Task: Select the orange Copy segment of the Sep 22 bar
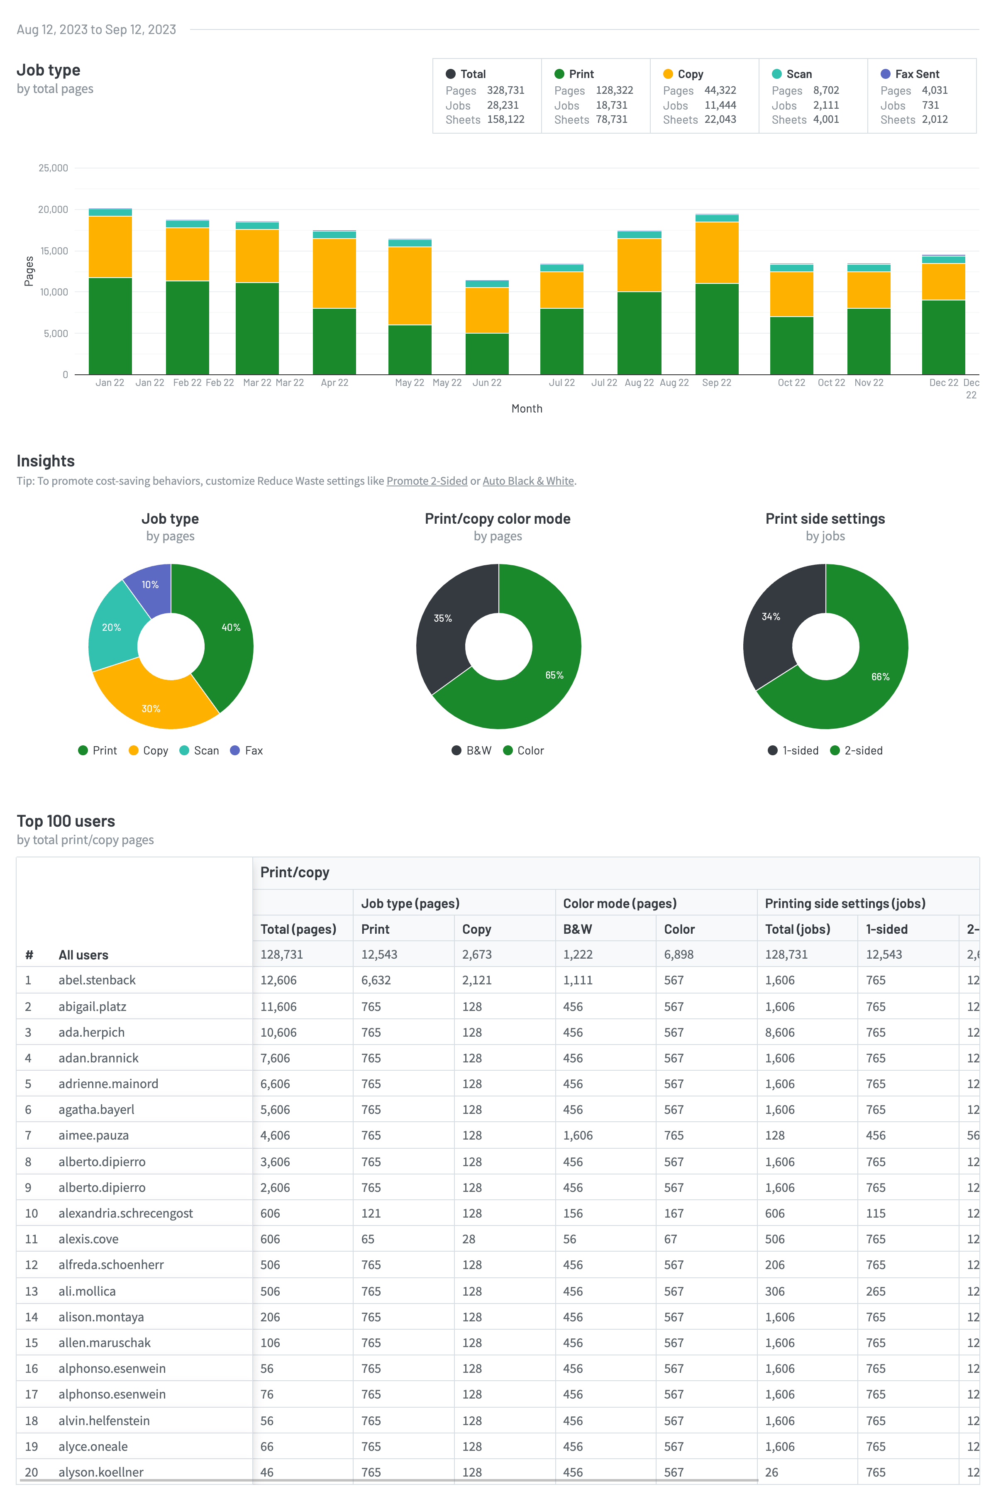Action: tap(717, 253)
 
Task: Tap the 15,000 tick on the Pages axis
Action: tap(54, 251)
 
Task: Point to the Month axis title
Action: tap(527, 408)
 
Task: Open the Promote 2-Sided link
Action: tap(427, 481)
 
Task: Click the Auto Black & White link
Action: tap(528, 481)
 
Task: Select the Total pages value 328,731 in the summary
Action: tap(505, 90)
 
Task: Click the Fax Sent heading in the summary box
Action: tap(917, 74)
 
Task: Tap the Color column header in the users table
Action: tap(679, 929)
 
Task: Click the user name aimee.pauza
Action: tap(93, 1135)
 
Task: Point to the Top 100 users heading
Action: tap(66, 821)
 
